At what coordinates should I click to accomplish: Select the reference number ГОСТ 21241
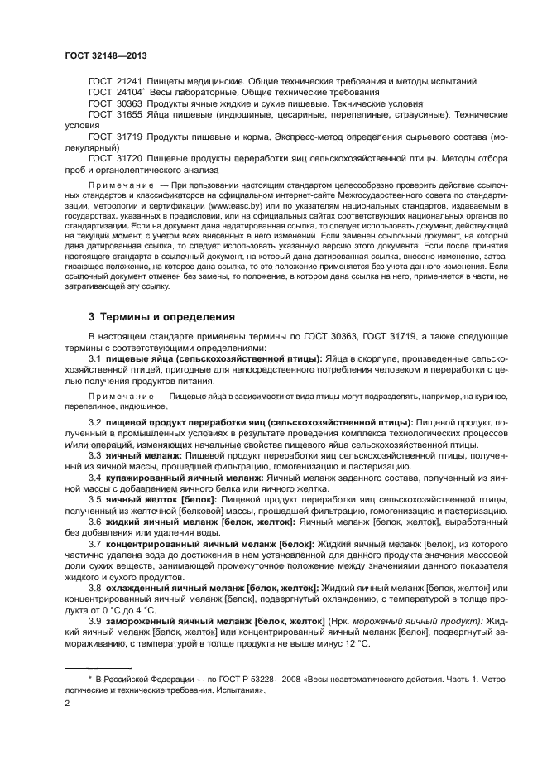click(x=115, y=82)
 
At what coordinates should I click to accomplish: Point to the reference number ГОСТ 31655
click(x=115, y=114)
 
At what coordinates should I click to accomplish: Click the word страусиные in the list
click(x=419, y=114)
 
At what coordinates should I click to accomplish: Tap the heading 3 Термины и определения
click(x=161, y=317)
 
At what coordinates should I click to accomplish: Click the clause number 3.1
click(x=95, y=357)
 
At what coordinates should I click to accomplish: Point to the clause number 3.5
click(x=95, y=500)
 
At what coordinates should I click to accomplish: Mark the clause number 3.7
click(x=95, y=544)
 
